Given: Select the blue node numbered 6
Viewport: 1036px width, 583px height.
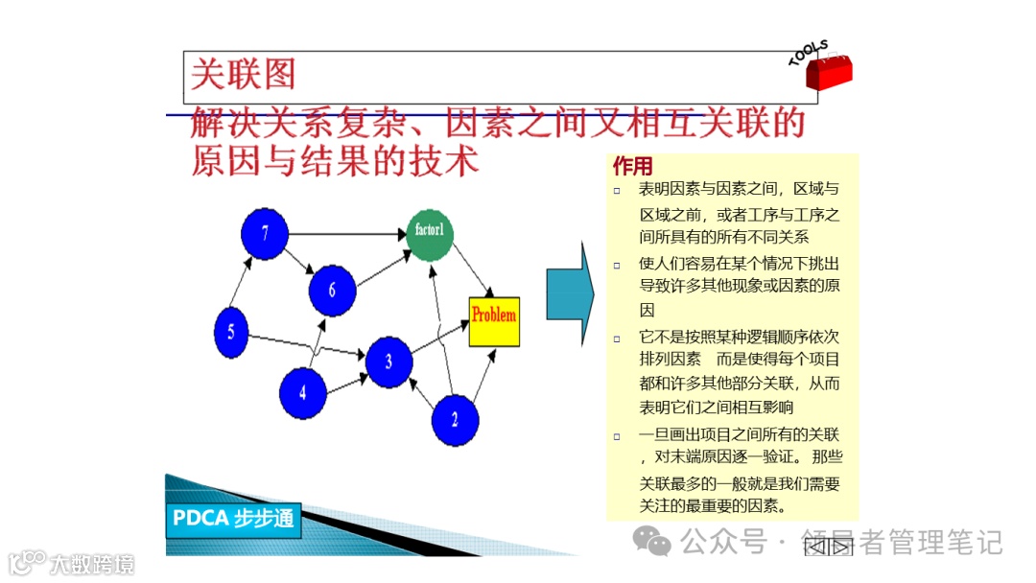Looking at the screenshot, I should click(332, 288).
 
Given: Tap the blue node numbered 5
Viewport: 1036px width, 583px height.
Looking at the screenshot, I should click(231, 332).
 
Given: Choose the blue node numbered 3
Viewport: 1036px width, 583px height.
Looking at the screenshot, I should click(388, 361).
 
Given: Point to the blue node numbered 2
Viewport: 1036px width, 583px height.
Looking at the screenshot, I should click(455, 419).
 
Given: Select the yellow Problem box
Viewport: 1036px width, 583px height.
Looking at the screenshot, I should click(494, 321).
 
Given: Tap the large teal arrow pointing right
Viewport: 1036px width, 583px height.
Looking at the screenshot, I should click(570, 293).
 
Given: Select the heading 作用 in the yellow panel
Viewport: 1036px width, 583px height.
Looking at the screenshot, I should click(632, 167).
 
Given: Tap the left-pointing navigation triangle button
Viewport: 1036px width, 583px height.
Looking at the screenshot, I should click(816, 548).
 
